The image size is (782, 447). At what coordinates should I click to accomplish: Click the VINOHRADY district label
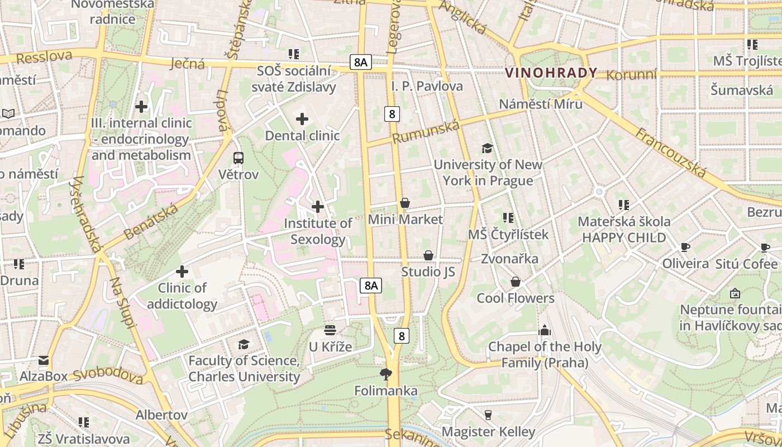pos(551,73)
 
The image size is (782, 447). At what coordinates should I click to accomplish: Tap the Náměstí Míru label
pos(541,104)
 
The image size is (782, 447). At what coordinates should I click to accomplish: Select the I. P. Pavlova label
pos(427,86)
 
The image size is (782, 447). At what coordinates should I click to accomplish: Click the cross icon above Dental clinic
pos(302,119)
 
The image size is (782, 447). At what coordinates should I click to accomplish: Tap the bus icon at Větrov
pos(239,158)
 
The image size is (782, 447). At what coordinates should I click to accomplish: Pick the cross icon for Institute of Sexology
pos(318,207)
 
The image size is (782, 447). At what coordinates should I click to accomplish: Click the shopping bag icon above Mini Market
pos(405,203)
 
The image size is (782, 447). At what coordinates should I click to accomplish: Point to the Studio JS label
pos(428,272)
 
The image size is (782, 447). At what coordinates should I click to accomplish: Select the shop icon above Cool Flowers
pos(516,282)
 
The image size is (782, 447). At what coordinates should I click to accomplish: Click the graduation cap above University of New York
pos(488,148)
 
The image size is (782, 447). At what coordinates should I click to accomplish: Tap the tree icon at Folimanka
pos(385,374)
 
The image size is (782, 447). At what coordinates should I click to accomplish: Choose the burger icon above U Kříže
pos(330,330)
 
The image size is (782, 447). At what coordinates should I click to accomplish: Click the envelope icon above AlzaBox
pos(44,360)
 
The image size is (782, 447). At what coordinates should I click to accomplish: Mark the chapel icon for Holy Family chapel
pos(545,330)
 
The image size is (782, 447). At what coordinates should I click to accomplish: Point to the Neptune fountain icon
pos(735,293)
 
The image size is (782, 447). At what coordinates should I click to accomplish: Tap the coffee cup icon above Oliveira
pos(685,247)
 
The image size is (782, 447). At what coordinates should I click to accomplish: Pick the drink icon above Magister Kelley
pos(488,415)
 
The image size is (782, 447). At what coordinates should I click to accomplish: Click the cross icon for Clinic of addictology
pos(182,272)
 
